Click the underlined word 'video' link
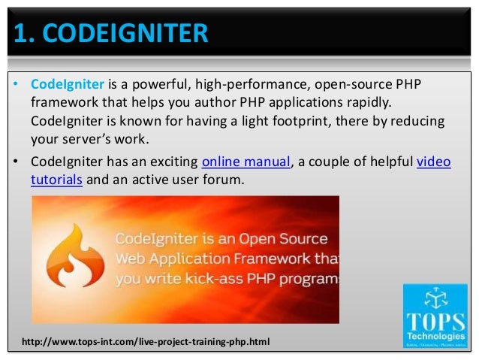click(x=433, y=162)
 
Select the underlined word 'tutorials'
click(x=57, y=180)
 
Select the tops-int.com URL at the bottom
click(x=146, y=342)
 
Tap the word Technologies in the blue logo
click(x=435, y=331)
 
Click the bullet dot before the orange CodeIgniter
click(x=16, y=83)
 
